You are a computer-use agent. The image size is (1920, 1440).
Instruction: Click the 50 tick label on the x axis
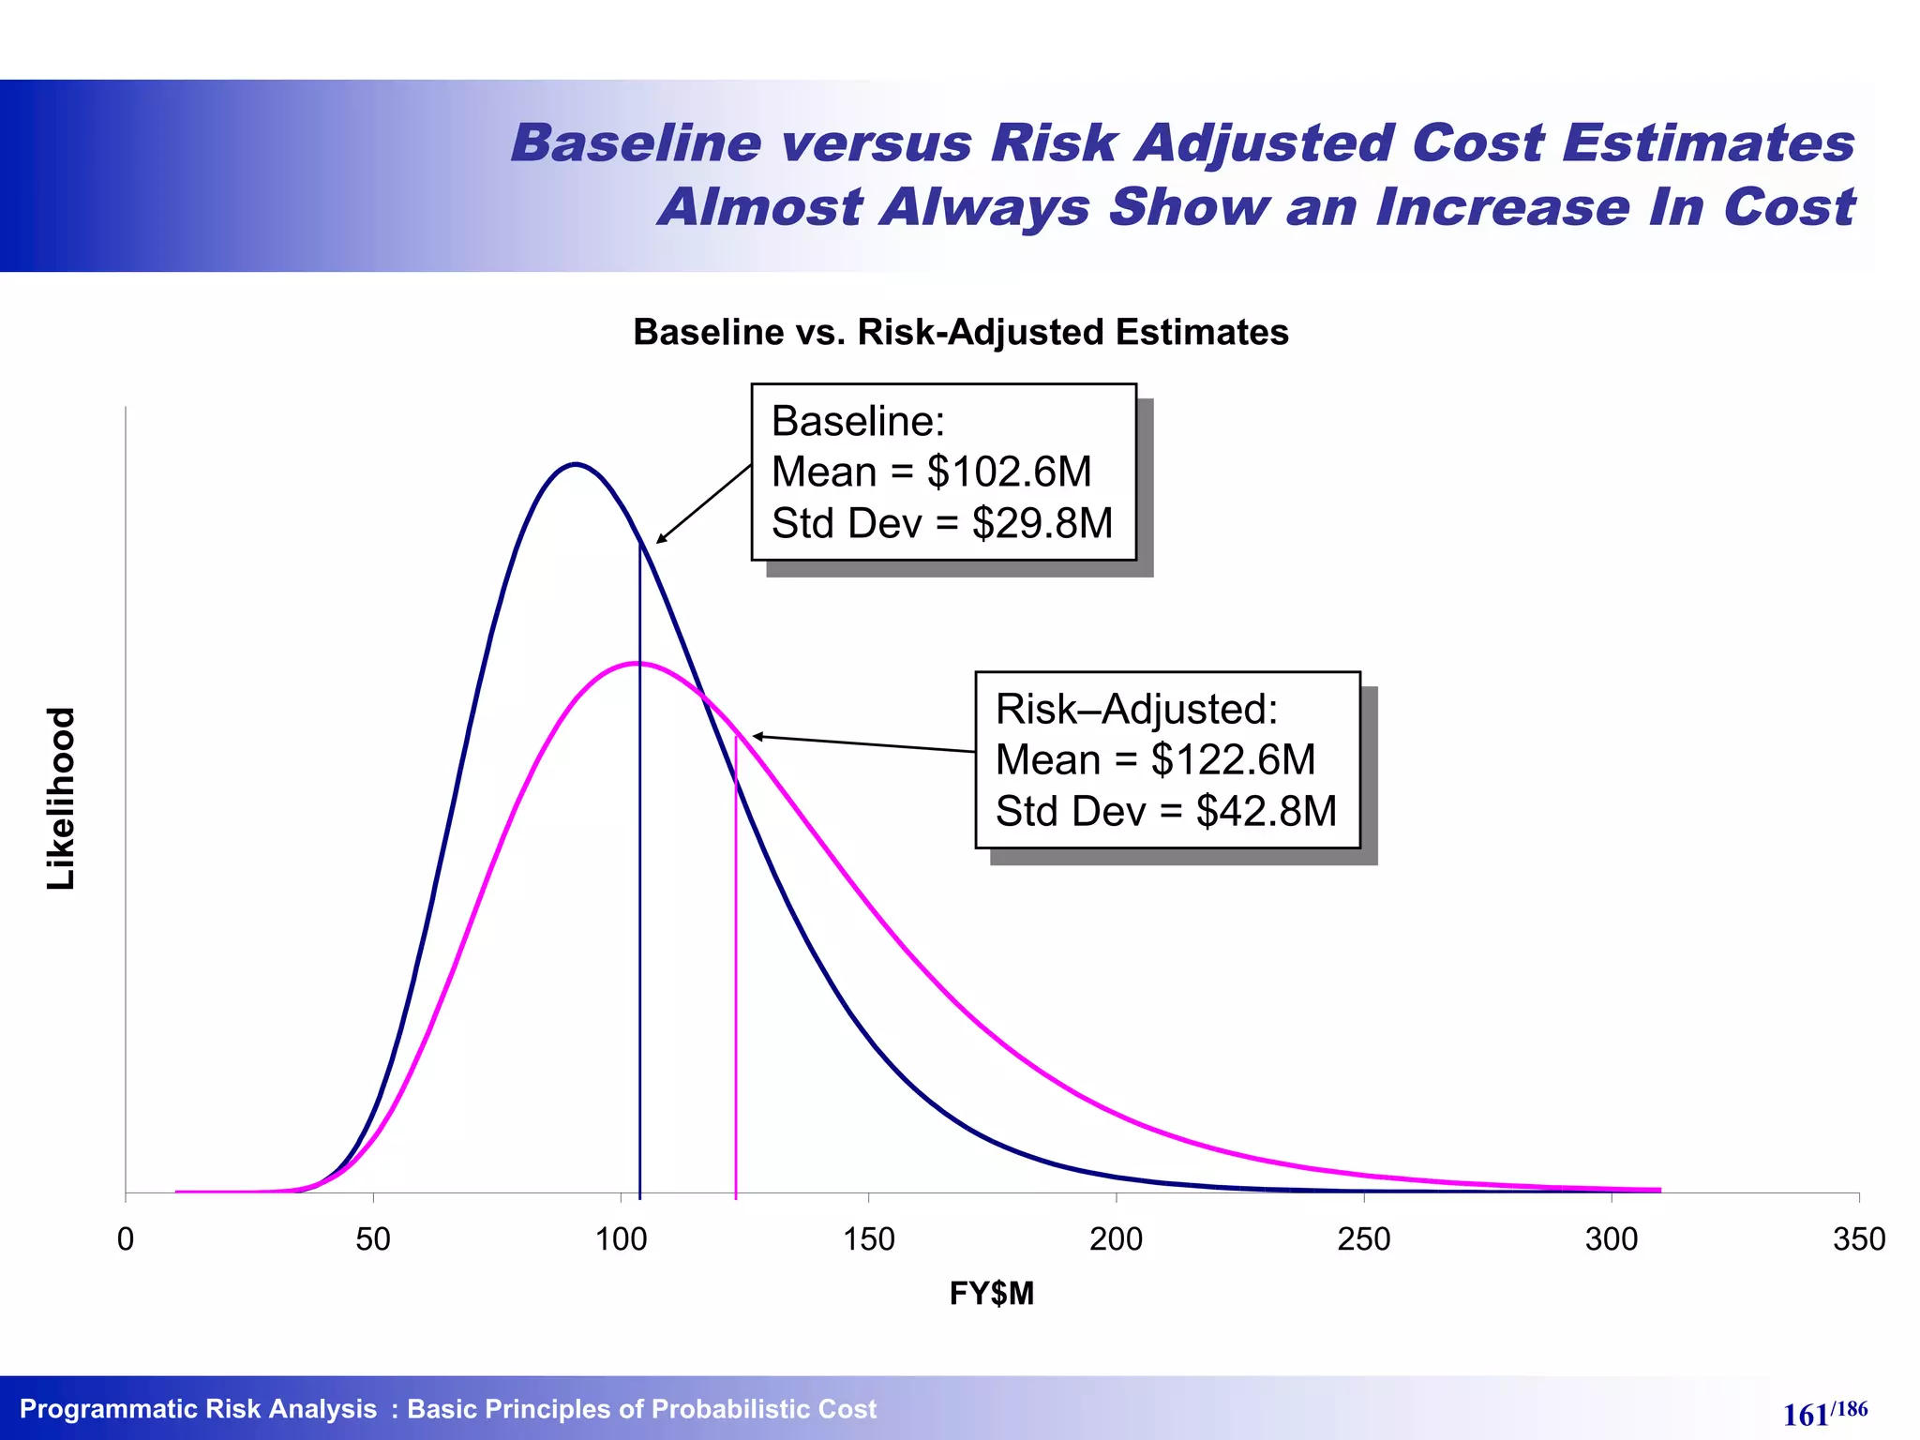(373, 1239)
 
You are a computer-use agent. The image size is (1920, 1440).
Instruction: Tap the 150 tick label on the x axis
(868, 1239)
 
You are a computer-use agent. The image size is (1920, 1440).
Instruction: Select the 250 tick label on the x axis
(1363, 1239)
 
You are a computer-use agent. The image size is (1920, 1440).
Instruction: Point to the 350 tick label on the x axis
(1858, 1239)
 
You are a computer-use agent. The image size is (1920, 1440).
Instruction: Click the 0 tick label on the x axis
(126, 1239)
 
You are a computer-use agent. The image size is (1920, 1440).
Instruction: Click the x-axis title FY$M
(991, 1294)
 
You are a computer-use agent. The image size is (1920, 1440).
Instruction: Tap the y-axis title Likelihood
(61, 798)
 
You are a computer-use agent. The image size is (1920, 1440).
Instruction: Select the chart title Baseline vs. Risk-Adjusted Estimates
(960, 333)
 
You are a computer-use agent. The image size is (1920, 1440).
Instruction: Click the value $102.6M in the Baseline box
(1009, 472)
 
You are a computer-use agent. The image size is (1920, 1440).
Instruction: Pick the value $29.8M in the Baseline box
(1042, 523)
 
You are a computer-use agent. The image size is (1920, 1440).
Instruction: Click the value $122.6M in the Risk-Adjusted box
(1233, 759)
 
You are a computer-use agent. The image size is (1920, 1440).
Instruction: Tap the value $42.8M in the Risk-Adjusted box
(1266, 811)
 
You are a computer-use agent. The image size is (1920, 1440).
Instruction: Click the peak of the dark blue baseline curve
(576, 464)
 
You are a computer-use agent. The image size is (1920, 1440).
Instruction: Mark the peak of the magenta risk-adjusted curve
(637, 663)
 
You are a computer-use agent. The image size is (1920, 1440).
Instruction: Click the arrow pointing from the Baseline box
(703, 504)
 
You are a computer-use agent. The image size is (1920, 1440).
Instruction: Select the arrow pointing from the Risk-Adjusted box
(862, 743)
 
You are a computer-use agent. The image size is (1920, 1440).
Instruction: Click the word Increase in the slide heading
(1502, 206)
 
